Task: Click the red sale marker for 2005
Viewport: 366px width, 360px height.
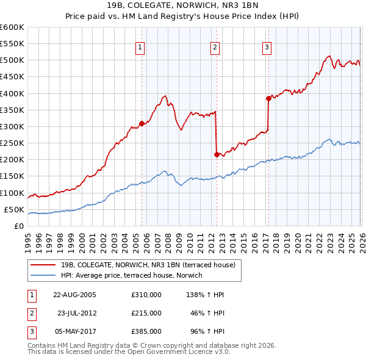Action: pos(142,123)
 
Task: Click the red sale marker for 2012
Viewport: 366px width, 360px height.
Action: pos(217,154)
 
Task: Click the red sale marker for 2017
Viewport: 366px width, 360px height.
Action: pos(268,98)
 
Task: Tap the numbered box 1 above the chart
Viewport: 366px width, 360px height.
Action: pos(140,47)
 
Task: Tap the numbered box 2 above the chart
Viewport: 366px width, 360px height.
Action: pos(215,47)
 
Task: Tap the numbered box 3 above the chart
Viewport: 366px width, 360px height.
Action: pos(267,47)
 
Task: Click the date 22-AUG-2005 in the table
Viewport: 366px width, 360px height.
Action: pos(74,294)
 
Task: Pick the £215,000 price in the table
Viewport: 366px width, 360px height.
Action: pos(146,313)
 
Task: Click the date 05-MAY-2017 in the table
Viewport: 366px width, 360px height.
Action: pos(74,331)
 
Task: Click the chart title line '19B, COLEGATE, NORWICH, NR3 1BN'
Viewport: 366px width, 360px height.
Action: pos(182,6)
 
